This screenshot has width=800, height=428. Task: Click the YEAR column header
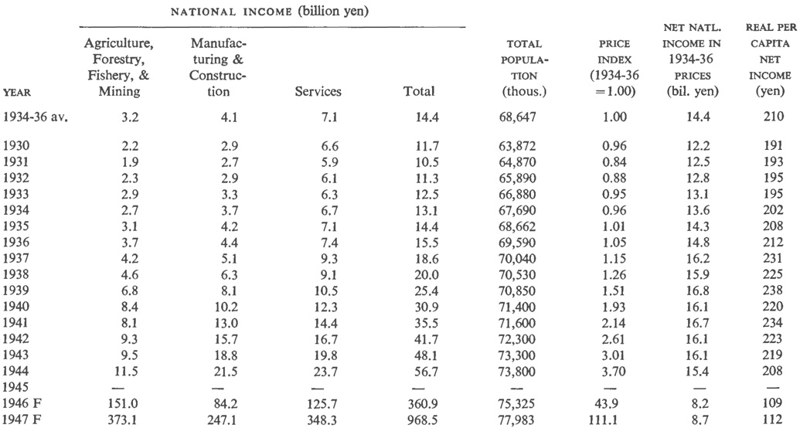17,92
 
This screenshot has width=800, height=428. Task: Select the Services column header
318,92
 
